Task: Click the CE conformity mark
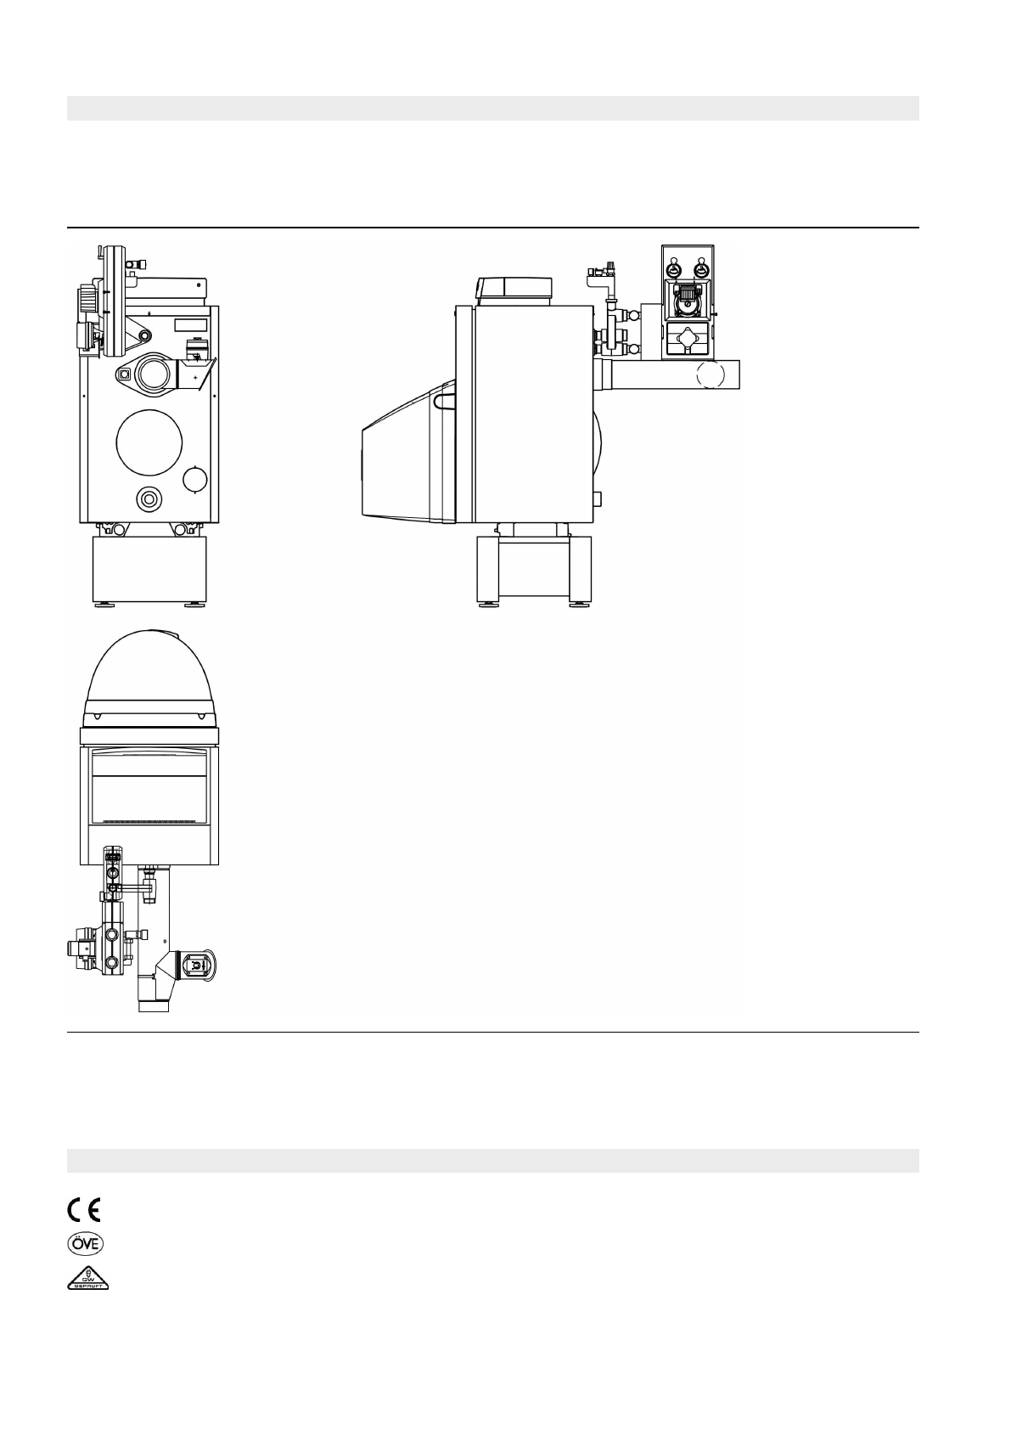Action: [x=84, y=1208]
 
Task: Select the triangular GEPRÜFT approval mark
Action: [x=89, y=1278]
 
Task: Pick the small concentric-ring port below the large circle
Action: [x=151, y=498]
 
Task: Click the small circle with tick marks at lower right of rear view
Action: [x=195, y=480]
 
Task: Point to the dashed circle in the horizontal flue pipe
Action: [x=711, y=374]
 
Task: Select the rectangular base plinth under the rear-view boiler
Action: [x=149, y=570]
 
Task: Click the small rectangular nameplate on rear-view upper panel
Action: [x=190, y=324]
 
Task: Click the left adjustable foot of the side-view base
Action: [x=489, y=605]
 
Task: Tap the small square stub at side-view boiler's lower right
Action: [x=598, y=498]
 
